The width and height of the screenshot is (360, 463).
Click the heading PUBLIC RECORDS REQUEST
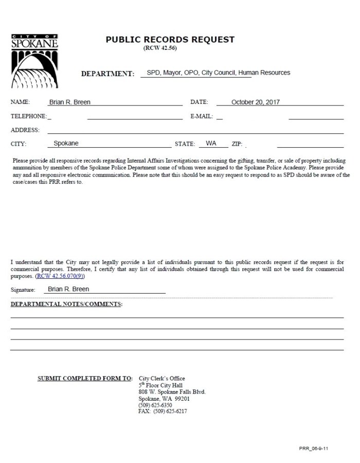pyautogui.click(x=170, y=40)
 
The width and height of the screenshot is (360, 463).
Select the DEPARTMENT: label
pyautogui.click(x=107, y=74)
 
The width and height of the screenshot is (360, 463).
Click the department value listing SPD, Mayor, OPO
pyautogui.click(x=218, y=73)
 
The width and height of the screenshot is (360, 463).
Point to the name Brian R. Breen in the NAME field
pyautogui.click(x=69, y=102)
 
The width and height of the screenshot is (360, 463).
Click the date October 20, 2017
pyautogui.click(x=256, y=102)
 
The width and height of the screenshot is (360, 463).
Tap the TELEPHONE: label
pyautogui.click(x=29, y=116)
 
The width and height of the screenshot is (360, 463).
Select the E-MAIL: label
pyautogui.click(x=202, y=116)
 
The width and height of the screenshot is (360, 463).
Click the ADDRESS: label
pyautogui.click(x=25, y=130)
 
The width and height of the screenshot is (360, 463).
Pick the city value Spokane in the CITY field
pyautogui.click(x=66, y=144)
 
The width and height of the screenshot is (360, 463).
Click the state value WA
pyautogui.click(x=211, y=144)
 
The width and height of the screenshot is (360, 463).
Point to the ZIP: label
pyautogui.click(x=237, y=144)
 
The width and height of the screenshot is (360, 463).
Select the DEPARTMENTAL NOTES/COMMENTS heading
pyautogui.click(x=66, y=304)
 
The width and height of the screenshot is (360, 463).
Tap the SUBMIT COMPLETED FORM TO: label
pyautogui.click(x=85, y=379)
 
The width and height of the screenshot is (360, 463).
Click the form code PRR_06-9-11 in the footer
pyautogui.click(x=313, y=448)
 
